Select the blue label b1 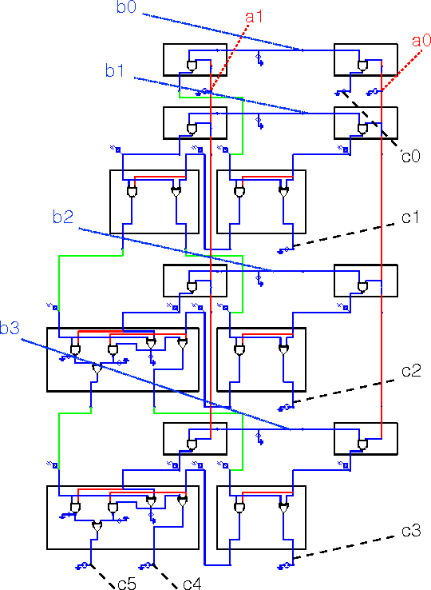[115, 71]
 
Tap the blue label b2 [62, 217]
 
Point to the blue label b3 [10, 329]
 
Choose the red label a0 [421, 39]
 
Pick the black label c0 [410, 156]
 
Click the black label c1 [410, 216]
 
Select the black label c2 [410, 370]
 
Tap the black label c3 [410, 530]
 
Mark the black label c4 [192, 584]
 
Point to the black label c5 [126, 584]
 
